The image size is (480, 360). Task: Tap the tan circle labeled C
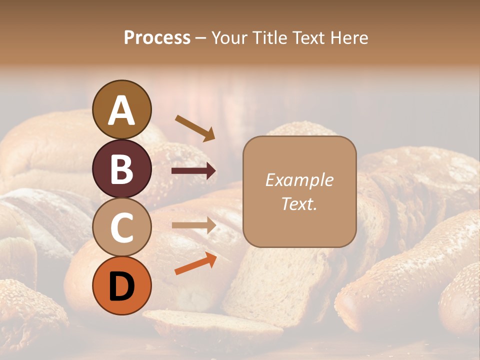click(122, 227)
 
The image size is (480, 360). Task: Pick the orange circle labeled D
click(122, 285)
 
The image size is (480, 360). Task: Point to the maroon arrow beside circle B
click(193, 171)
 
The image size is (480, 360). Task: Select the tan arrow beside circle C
click(193, 225)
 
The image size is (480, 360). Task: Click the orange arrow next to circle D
click(195, 263)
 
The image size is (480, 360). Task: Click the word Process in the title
click(157, 38)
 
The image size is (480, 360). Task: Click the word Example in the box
click(299, 180)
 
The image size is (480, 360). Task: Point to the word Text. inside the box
click(299, 203)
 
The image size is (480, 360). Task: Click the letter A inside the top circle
click(122, 110)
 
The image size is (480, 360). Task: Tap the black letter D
click(122, 286)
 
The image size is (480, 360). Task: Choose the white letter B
click(122, 169)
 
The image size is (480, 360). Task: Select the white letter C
click(122, 227)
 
